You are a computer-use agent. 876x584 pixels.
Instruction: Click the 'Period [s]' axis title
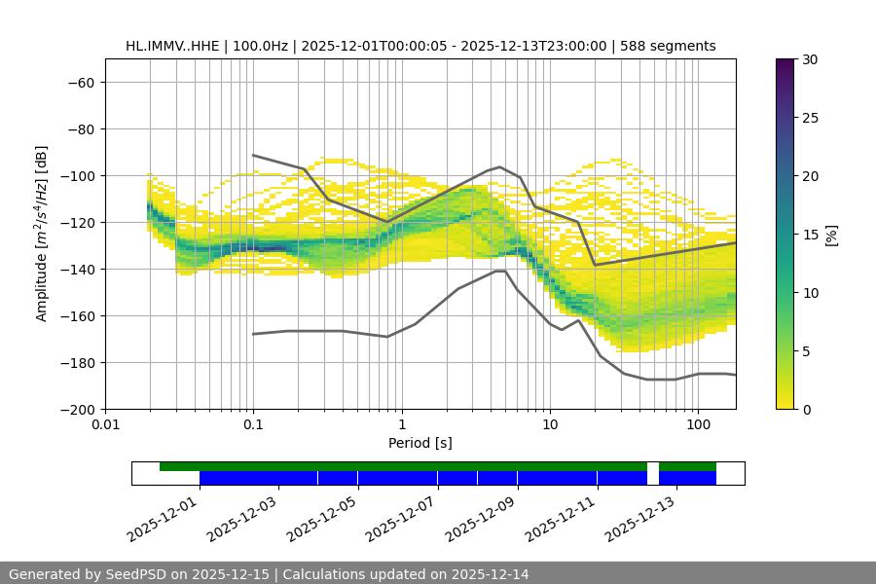point(420,444)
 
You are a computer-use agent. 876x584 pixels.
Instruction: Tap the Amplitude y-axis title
point(42,235)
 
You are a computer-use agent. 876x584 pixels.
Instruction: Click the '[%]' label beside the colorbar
point(830,235)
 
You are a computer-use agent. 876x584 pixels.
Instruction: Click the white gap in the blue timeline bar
point(652,477)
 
